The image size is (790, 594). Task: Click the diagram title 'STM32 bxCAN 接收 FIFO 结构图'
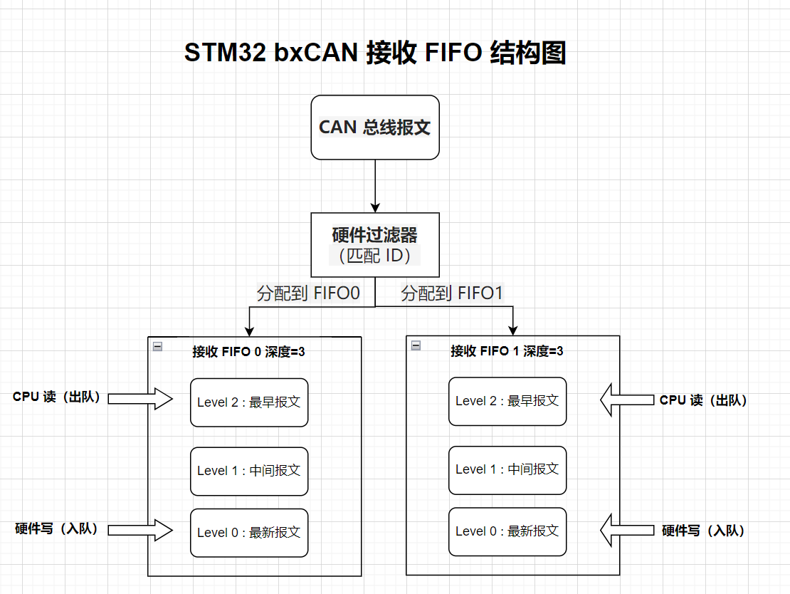tap(375, 53)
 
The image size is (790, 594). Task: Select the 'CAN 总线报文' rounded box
tap(375, 127)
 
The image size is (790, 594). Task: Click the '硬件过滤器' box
tap(375, 244)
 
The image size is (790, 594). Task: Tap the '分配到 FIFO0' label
tap(309, 293)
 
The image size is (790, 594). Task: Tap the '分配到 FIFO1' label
tap(453, 293)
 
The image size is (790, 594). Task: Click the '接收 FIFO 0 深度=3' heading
tap(249, 351)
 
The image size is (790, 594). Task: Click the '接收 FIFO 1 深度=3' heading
tap(507, 351)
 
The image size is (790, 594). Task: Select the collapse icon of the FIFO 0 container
tap(157, 346)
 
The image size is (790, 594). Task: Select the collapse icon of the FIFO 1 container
tap(416, 346)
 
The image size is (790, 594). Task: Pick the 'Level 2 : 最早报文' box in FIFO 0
tap(249, 402)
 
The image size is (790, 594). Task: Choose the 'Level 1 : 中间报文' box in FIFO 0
tap(249, 471)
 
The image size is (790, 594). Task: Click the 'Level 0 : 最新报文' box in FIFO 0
tap(249, 533)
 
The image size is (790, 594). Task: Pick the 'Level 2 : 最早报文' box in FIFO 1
tap(507, 401)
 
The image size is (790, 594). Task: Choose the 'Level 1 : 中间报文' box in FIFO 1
tap(507, 469)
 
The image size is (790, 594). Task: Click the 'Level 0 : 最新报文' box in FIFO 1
tap(507, 531)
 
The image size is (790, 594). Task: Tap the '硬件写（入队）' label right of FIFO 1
tap(703, 531)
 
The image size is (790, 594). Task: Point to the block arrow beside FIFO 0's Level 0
tap(141, 530)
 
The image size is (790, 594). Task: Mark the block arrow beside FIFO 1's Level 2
tap(627, 400)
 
